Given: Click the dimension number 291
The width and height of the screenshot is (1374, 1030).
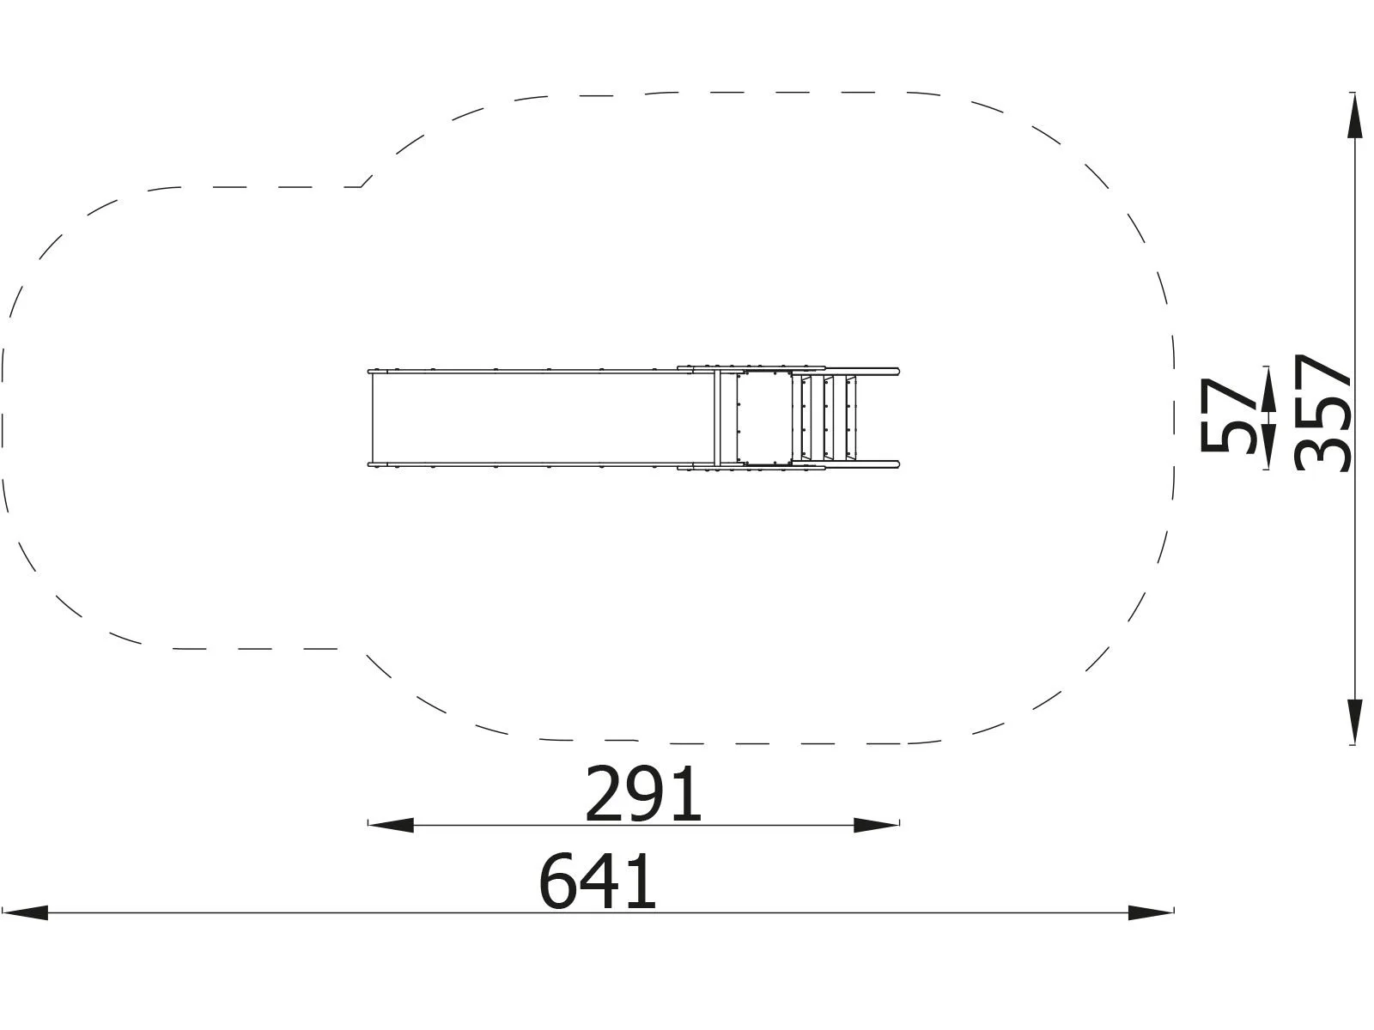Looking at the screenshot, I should (x=643, y=795).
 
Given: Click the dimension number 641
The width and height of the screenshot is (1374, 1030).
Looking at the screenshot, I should (x=598, y=882).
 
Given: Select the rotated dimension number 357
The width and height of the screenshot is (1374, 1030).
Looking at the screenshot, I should (x=1322, y=412).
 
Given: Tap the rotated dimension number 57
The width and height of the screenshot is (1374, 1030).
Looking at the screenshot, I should (x=1228, y=415).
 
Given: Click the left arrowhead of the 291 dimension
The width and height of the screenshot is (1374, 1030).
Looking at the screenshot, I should (x=391, y=825).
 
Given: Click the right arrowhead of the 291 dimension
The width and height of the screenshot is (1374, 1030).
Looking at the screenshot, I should (x=877, y=825).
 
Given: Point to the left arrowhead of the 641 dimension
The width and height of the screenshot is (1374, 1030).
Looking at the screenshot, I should (x=26, y=912).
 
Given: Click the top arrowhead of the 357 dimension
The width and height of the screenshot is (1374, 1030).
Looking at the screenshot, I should (x=1354, y=116).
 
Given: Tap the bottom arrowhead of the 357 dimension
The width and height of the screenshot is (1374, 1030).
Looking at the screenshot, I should (x=1354, y=721).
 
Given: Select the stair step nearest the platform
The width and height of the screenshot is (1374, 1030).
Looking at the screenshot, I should (x=806, y=418).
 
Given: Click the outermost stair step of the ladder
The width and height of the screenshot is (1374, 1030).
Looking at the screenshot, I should (x=852, y=418).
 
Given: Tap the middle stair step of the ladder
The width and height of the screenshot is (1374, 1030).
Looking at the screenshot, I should (x=830, y=418).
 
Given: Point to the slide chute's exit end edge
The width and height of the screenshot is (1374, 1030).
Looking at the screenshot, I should (x=371, y=418).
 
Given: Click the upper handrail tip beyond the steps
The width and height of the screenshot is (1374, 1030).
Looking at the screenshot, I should (x=896, y=371).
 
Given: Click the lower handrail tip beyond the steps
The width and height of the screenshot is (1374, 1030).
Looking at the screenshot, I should (x=896, y=465).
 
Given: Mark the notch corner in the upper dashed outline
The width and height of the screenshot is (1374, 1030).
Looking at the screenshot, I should (x=362, y=185).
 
